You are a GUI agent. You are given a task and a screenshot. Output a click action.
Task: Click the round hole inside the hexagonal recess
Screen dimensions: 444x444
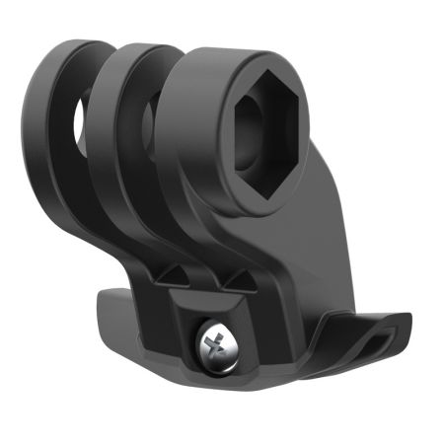point(268,128)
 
